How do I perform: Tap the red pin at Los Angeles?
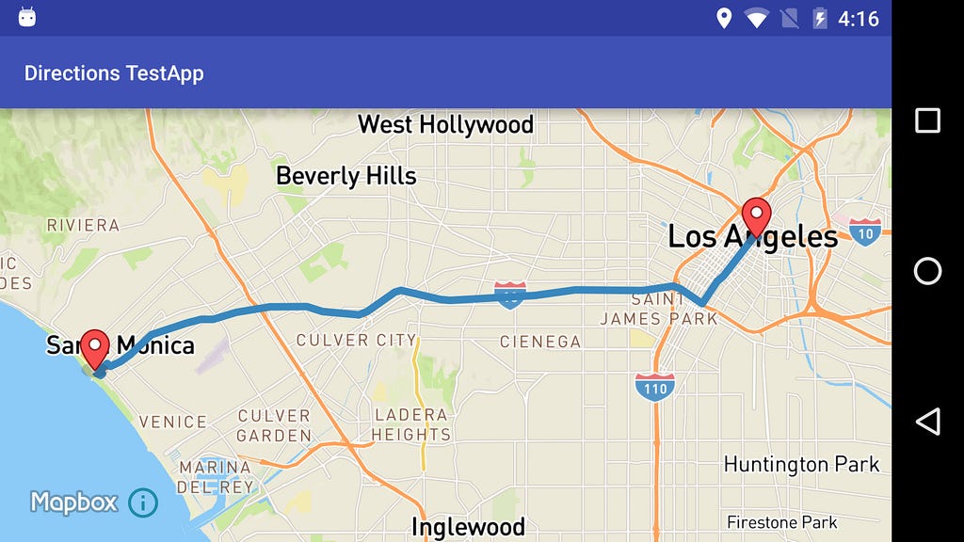click(x=756, y=215)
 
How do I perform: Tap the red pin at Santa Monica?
click(x=94, y=348)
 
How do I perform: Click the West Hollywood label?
click(x=445, y=124)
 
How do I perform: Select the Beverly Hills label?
click(x=345, y=176)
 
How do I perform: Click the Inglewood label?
click(x=468, y=526)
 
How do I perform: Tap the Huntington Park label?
click(x=801, y=464)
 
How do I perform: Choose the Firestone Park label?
click(x=782, y=522)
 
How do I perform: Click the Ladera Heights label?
click(x=410, y=424)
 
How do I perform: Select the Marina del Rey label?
click(x=216, y=477)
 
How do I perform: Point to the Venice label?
click(x=172, y=422)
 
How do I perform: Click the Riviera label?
click(x=83, y=225)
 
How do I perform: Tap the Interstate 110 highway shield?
click(x=653, y=386)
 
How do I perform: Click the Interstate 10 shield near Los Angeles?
click(x=865, y=231)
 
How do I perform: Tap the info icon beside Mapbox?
click(x=142, y=502)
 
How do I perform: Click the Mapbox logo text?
click(x=73, y=502)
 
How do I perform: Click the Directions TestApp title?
click(x=114, y=73)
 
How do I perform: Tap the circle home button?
click(x=927, y=271)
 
